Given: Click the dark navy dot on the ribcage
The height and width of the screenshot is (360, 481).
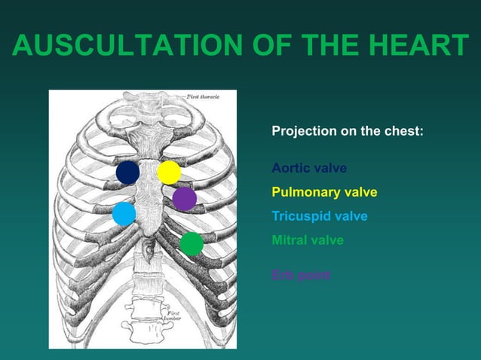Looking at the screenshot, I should click(127, 172).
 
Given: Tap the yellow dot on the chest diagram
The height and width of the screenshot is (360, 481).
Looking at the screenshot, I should click(169, 172).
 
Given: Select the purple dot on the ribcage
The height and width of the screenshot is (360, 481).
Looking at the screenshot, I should click(184, 199).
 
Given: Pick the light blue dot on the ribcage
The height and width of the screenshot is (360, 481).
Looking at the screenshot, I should click(124, 214).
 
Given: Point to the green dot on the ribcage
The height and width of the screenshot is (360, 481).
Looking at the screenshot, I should click(191, 244).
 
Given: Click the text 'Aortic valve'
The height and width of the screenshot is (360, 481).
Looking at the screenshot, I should click(309, 168).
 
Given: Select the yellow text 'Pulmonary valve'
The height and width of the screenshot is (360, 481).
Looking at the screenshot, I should click(324, 192).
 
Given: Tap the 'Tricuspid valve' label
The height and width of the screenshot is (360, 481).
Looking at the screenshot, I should click(320, 216).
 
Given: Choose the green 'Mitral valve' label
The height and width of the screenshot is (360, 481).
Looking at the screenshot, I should click(308, 240).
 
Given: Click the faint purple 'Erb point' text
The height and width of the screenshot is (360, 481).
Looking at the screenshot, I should click(301, 275).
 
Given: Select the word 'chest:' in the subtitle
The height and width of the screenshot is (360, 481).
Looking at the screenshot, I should click(404, 131).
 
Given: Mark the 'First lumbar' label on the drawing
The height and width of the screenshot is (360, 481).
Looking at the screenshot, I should click(169, 315).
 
